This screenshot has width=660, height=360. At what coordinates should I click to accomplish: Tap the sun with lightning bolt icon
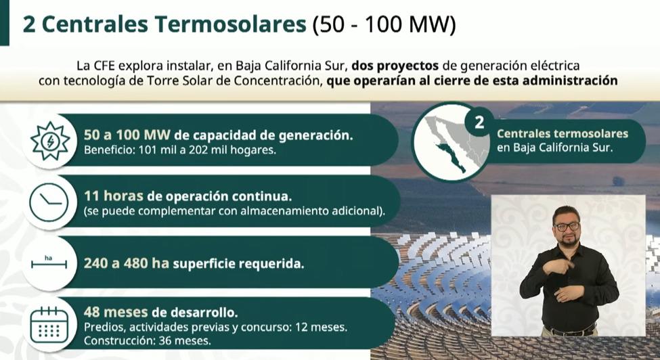pos(51,140)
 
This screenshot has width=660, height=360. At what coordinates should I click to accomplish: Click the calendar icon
pos(50,323)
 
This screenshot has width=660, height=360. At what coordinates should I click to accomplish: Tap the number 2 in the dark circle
pos(479,122)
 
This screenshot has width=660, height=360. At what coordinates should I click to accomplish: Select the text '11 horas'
pos(113,196)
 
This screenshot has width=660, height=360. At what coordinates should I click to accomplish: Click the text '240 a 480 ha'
pos(126,263)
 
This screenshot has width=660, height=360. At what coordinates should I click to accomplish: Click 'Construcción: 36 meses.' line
pos(147,341)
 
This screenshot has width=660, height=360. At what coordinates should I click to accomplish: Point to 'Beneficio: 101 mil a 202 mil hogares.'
pos(179,150)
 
